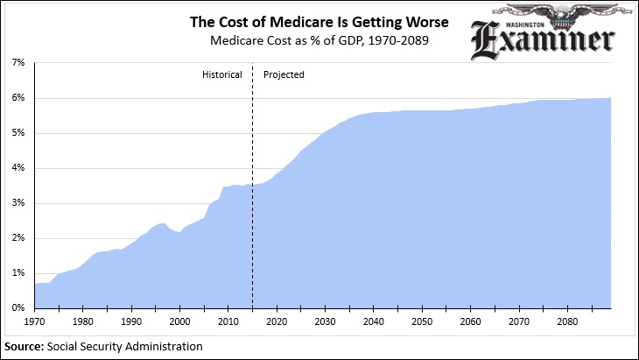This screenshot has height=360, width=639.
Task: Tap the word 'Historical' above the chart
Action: tap(221, 75)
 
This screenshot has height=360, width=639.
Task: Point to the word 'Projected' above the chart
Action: tap(284, 75)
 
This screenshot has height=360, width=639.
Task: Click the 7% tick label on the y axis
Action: tap(18, 63)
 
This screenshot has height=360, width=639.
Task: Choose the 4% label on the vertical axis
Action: tap(18, 168)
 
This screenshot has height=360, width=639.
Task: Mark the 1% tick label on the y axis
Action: tap(18, 273)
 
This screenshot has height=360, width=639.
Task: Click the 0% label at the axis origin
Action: tap(18, 308)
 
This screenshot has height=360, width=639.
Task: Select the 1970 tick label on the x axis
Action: tap(35, 321)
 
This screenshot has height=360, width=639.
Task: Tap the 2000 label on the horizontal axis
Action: tap(179, 321)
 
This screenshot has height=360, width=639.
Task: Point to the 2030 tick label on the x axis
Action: tap(325, 321)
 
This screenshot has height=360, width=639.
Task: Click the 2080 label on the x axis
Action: tap(566, 321)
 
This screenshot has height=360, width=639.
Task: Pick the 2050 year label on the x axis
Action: tap(421, 321)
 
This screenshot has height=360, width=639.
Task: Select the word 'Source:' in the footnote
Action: tap(25, 346)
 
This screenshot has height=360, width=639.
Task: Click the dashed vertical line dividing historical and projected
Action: tap(252, 193)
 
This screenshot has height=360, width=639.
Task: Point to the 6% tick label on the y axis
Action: tap(18, 98)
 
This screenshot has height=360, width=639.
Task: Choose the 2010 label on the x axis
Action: tap(228, 321)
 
